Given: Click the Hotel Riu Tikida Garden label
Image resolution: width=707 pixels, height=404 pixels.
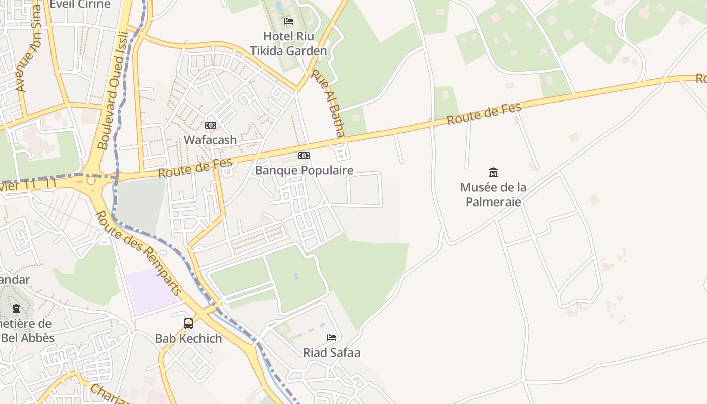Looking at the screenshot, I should tap(288, 43).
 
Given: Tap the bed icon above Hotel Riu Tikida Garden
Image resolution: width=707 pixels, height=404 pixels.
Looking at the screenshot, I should tap(289, 21).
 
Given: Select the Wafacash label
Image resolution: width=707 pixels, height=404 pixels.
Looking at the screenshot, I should tap(210, 140).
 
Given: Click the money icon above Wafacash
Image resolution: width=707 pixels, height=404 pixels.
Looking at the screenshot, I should tap(211, 125).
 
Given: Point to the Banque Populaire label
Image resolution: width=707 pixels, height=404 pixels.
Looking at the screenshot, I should tap(304, 170).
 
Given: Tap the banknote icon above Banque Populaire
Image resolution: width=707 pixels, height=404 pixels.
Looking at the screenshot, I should tap(304, 156).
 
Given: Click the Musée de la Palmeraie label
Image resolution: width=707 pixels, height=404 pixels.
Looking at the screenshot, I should tap(493, 194).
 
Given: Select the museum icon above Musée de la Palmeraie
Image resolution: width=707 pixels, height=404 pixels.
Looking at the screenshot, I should tap(493, 172).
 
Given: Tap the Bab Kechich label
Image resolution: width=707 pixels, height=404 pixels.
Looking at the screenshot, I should tap(188, 338).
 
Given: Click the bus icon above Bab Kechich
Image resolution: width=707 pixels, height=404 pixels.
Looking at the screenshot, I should tap(188, 323).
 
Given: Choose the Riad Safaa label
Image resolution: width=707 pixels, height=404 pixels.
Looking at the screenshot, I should tap(332, 352).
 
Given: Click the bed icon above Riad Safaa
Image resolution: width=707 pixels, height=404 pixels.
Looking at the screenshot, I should tap(332, 337).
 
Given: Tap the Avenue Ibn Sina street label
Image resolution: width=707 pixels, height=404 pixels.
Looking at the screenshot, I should tap(28, 56).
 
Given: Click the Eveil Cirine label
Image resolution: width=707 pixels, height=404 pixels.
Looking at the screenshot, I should tap(80, 4).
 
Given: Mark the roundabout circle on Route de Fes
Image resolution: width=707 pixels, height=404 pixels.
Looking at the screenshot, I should tap(91, 180).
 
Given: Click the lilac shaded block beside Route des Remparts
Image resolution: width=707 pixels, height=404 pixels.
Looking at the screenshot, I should tap(151, 290).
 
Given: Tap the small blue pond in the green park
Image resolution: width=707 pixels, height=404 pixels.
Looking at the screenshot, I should tap(296, 276).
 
